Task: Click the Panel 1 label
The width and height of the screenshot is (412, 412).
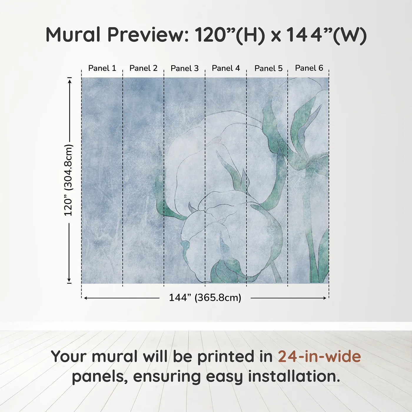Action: pos(102,68)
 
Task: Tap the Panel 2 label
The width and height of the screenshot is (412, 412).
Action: pos(143,68)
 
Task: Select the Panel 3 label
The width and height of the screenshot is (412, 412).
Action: pos(185,69)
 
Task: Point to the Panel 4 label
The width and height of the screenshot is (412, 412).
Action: pos(226,68)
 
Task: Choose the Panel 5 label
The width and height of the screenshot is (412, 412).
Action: pos(268,69)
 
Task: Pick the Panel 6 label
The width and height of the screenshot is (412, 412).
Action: pos(309,68)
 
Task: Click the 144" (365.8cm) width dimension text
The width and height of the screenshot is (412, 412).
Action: pos(205,298)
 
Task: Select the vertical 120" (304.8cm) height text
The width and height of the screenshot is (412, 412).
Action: pos(68,180)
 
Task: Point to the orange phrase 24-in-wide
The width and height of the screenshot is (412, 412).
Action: pos(319,356)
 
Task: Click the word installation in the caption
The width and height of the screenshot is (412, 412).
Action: pos(294,376)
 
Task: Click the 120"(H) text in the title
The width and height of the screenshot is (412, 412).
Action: pos(230,35)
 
